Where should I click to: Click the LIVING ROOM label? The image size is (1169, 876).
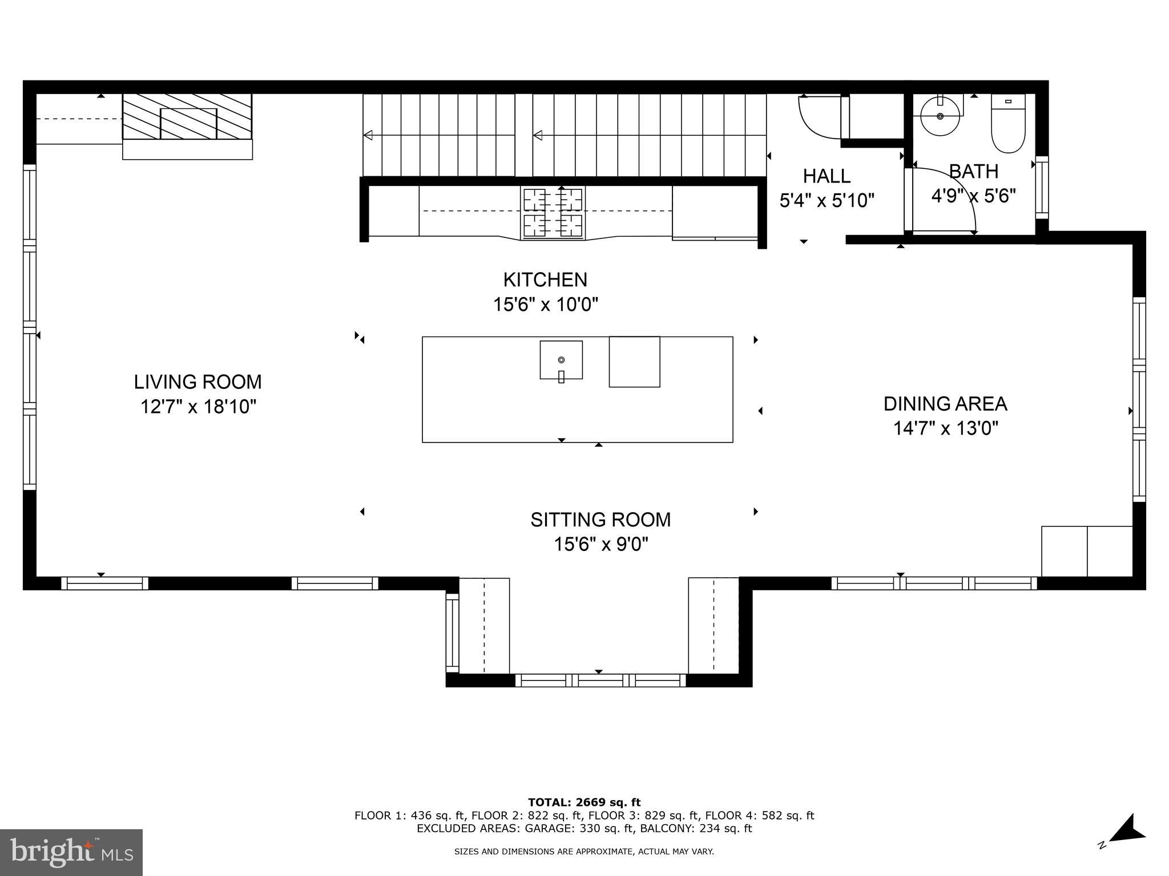[x=197, y=382]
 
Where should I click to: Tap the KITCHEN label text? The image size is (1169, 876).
[x=545, y=279]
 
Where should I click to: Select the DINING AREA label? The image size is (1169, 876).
[x=945, y=404]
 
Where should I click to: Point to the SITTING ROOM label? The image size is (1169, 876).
[x=600, y=520]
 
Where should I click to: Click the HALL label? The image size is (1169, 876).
[x=827, y=176]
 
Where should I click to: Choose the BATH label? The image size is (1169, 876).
[x=973, y=171]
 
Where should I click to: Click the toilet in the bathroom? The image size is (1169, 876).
[x=1008, y=125]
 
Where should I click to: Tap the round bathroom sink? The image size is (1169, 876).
[x=940, y=116]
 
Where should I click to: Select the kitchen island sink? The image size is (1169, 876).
[x=561, y=360]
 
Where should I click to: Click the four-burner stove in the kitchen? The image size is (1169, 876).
[x=553, y=212]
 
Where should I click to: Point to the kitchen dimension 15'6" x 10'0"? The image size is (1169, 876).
[x=545, y=305]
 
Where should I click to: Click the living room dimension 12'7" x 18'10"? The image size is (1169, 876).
[x=198, y=407]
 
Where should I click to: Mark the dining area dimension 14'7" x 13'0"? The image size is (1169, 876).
[x=945, y=428]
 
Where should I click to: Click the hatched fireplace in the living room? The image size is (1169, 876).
[x=187, y=117]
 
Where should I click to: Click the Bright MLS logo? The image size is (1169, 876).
[x=71, y=852]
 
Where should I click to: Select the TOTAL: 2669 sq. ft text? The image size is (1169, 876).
[x=584, y=802]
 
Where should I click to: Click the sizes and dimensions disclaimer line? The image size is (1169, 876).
[x=584, y=851]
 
